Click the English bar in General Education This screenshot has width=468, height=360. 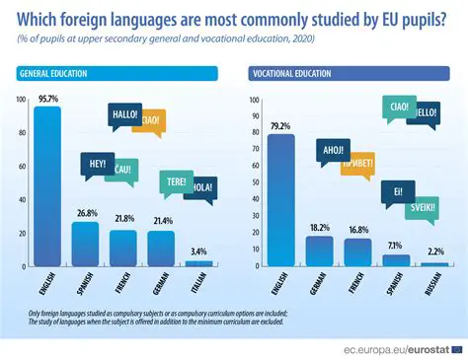click(x=47, y=186)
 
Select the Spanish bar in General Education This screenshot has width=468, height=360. click(x=85, y=244)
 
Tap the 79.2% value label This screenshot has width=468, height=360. click(x=280, y=125)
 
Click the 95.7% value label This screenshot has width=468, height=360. click(x=47, y=98)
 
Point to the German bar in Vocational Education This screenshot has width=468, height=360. click(x=319, y=252)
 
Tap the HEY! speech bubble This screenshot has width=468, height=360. click(x=98, y=164)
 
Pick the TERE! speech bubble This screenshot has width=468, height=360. click(x=176, y=180)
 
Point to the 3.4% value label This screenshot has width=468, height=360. click(x=198, y=252)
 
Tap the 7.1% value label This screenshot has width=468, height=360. click(x=395, y=245)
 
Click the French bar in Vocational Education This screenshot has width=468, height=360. click(x=356, y=252)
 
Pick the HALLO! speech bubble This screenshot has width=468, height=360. click(x=125, y=114)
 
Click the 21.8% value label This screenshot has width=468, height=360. click(x=123, y=219)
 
